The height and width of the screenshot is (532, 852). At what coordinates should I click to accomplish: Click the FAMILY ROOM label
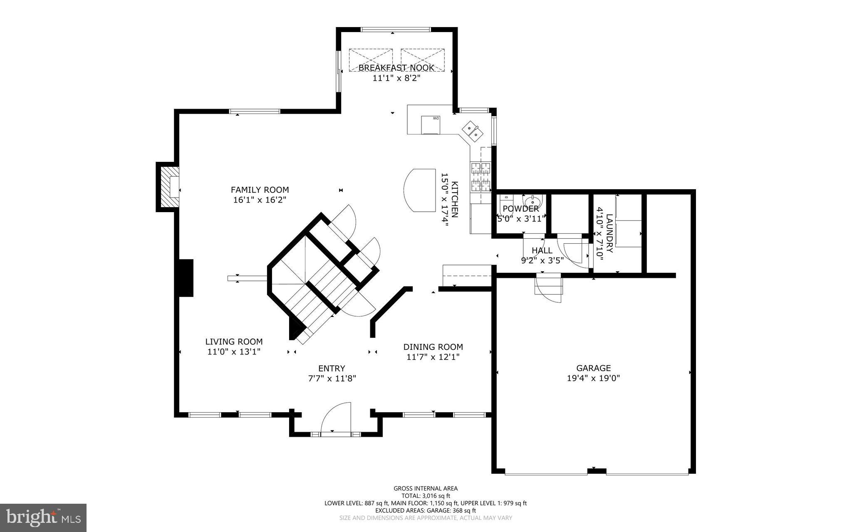point(260,190)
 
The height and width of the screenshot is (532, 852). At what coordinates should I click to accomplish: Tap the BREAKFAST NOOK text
point(396,68)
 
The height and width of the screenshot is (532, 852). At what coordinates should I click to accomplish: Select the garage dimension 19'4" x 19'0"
point(593,378)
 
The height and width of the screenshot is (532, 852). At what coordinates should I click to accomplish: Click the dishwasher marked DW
point(430,125)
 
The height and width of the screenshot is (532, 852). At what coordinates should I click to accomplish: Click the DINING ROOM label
point(433,347)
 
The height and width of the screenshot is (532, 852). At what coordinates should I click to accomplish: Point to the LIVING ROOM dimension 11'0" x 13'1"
point(234,351)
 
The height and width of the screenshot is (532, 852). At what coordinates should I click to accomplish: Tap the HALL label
point(542,250)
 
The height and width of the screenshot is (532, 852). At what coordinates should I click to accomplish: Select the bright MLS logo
point(43,517)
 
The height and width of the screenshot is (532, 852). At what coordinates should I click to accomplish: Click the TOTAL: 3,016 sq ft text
point(426,496)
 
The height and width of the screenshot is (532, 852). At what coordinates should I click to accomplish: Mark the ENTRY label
point(332,368)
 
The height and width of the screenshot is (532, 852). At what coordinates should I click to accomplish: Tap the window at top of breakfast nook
point(395,30)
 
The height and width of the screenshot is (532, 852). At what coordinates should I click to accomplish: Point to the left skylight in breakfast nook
point(370,59)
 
